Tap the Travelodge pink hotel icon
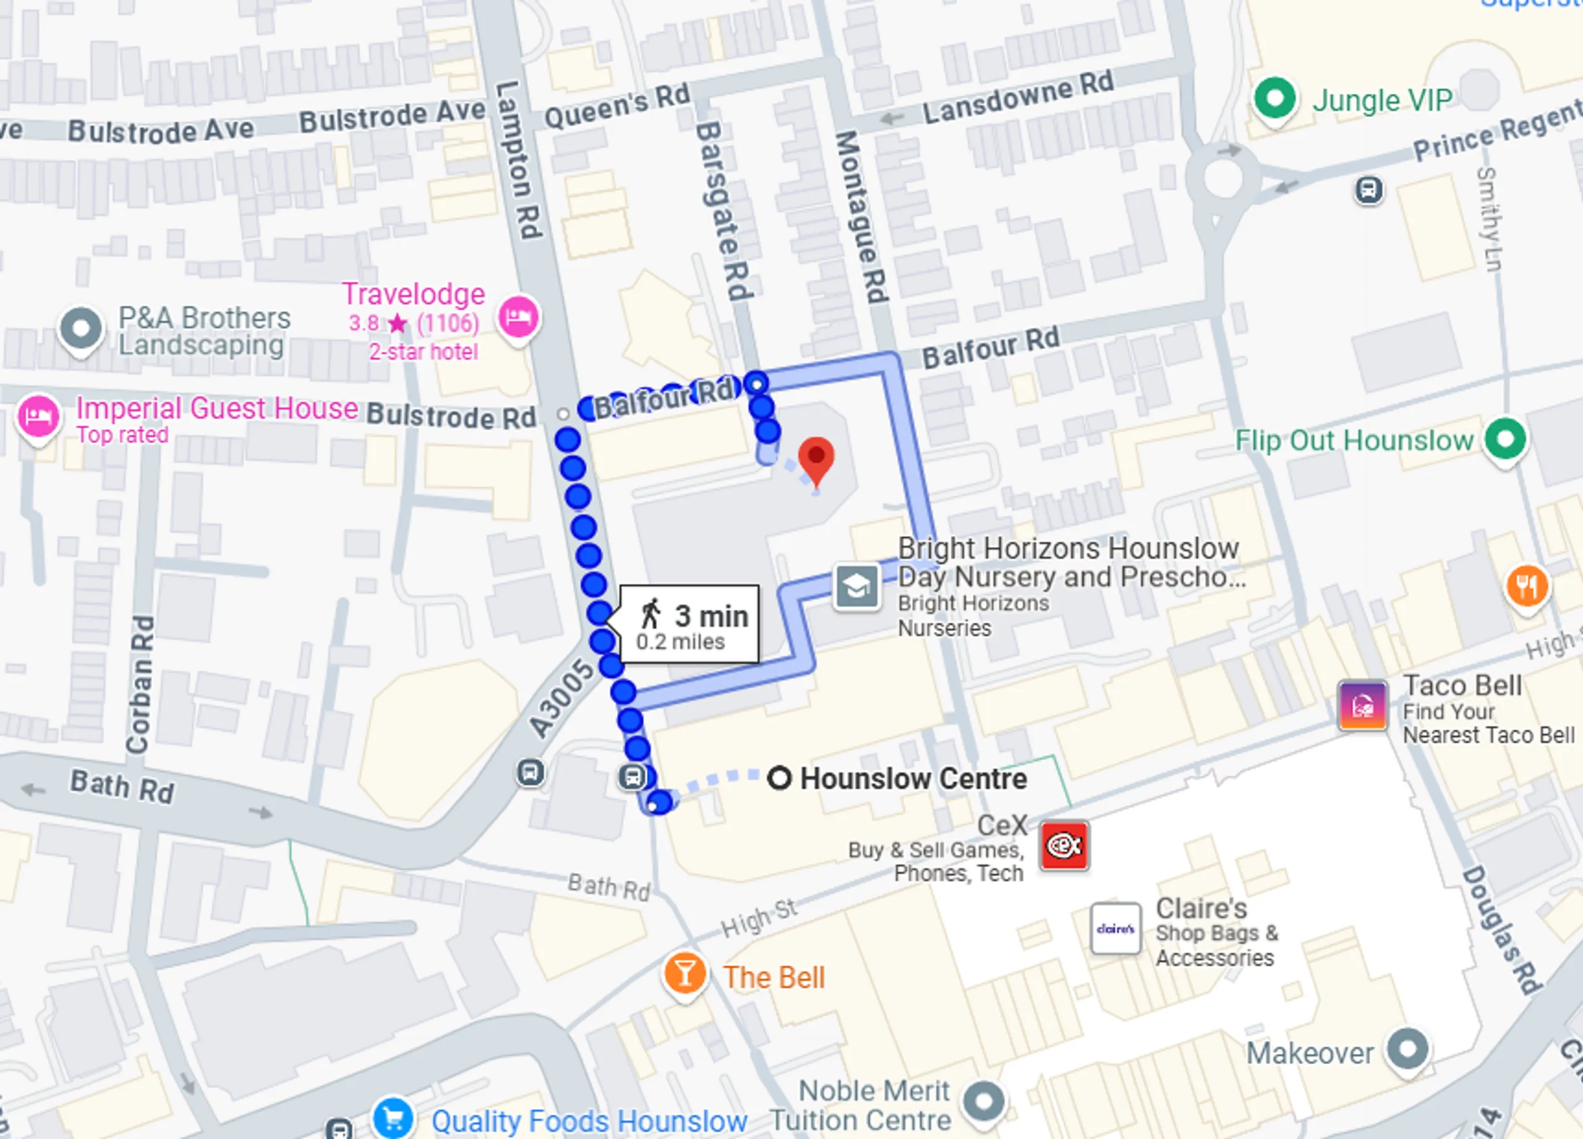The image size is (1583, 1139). tap(518, 318)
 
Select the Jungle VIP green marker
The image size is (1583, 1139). tap(1274, 98)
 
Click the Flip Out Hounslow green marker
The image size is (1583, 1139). tap(1505, 440)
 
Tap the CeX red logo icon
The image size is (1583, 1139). tap(1064, 846)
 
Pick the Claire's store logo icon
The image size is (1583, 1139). tap(1116, 928)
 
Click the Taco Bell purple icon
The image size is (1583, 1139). tap(1362, 706)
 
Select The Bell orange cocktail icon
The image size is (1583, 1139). tap(685, 974)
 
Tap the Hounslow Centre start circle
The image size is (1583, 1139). tap(779, 777)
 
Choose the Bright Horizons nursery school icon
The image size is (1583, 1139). tap(857, 587)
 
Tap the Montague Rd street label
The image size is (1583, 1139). tap(861, 216)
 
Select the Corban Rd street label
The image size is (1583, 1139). tap(140, 684)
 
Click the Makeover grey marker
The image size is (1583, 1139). tap(1407, 1049)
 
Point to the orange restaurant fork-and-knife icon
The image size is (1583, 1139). tap(1527, 586)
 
